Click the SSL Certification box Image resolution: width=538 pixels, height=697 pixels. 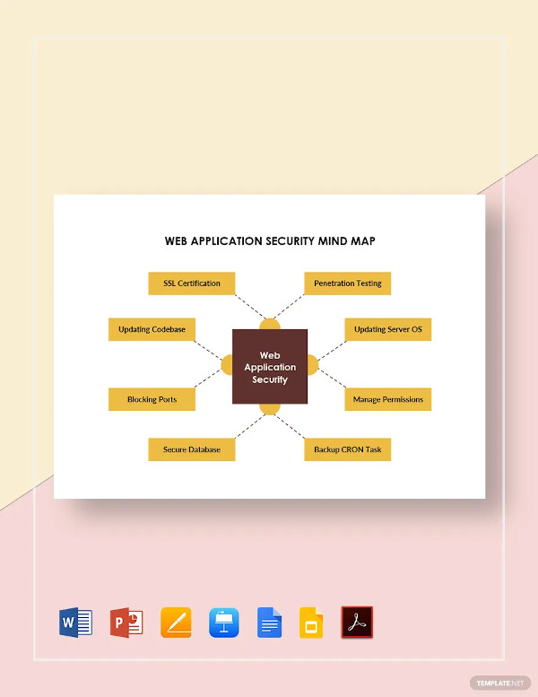coord(192,283)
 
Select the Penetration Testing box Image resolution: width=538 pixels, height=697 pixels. coord(348,283)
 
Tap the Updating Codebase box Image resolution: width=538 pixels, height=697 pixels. coord(152,330)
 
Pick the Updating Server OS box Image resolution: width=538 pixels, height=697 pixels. coord(388,330)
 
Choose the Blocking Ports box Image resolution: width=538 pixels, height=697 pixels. coord(152,399)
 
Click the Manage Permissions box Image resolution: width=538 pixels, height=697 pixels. coord(388,399)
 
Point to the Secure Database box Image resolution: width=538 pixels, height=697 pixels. coord(192,449)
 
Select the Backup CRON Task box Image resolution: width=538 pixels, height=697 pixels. coord(348,449)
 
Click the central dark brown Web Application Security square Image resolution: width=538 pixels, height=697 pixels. coord(270,366)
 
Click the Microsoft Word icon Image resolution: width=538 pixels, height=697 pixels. coord(74,622)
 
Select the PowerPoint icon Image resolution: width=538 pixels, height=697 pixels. coord(126,622)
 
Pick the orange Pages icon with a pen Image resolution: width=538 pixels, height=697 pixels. coord(176,622)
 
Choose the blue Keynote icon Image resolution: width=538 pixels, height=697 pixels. coord(223,622)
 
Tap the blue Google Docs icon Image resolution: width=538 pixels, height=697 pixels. coord(270,622)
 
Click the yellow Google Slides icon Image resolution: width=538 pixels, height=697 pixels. coord(311,622)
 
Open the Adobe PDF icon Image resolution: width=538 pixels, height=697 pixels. coord(357,622)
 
